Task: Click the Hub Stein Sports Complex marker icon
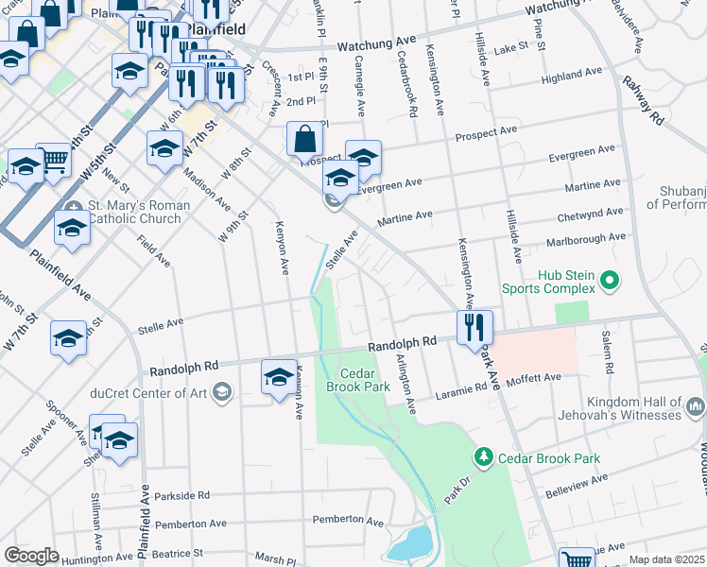click(x=609, y=281)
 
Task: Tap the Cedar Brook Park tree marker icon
click(x=484, y=457)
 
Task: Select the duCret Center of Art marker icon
click(x=222, y=392)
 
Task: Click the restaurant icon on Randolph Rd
click(x=474, y=326)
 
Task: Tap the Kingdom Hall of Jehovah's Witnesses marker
click(x=697, y=406)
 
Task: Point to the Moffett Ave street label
click(x=534, y=378)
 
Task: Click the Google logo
click(x=32, y=556)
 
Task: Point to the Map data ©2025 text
click(x=667, y=559)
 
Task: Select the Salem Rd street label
click(x=607, y=352)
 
